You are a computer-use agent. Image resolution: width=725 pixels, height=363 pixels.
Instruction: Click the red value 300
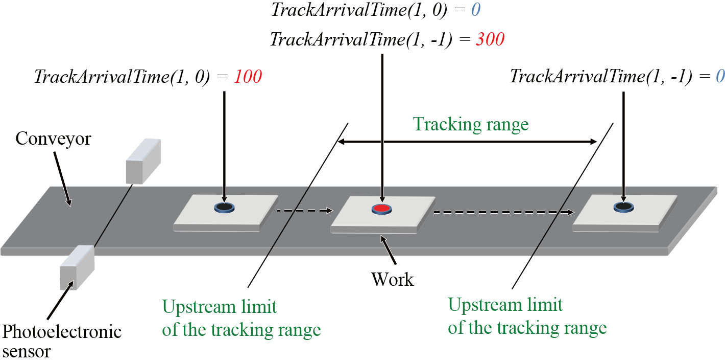(x=490, y=40)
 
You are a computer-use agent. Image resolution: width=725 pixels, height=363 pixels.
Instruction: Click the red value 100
(x=248, y=77)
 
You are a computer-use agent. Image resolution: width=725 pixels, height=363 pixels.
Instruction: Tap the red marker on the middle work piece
(x=381, y=208)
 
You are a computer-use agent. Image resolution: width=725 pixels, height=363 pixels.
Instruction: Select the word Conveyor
(x=53, y=138)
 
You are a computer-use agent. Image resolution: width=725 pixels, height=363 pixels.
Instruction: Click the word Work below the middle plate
(x=393, y=279)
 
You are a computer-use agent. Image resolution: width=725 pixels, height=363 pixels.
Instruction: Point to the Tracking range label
(x=470, y=124)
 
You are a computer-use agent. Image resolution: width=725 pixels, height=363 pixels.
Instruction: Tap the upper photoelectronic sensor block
(x=143, y=161)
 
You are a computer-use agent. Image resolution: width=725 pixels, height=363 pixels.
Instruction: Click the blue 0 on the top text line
(x=476, y=10)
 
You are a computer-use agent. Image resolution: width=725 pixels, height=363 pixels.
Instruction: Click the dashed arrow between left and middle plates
(x=304, y=210)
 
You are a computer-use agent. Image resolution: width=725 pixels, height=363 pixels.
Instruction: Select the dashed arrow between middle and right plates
(x=503, y=211)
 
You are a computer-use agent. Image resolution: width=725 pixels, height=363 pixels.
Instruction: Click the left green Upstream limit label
(x=241, y=319)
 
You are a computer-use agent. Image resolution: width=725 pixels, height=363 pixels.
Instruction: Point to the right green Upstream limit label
(x=527, y=316)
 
